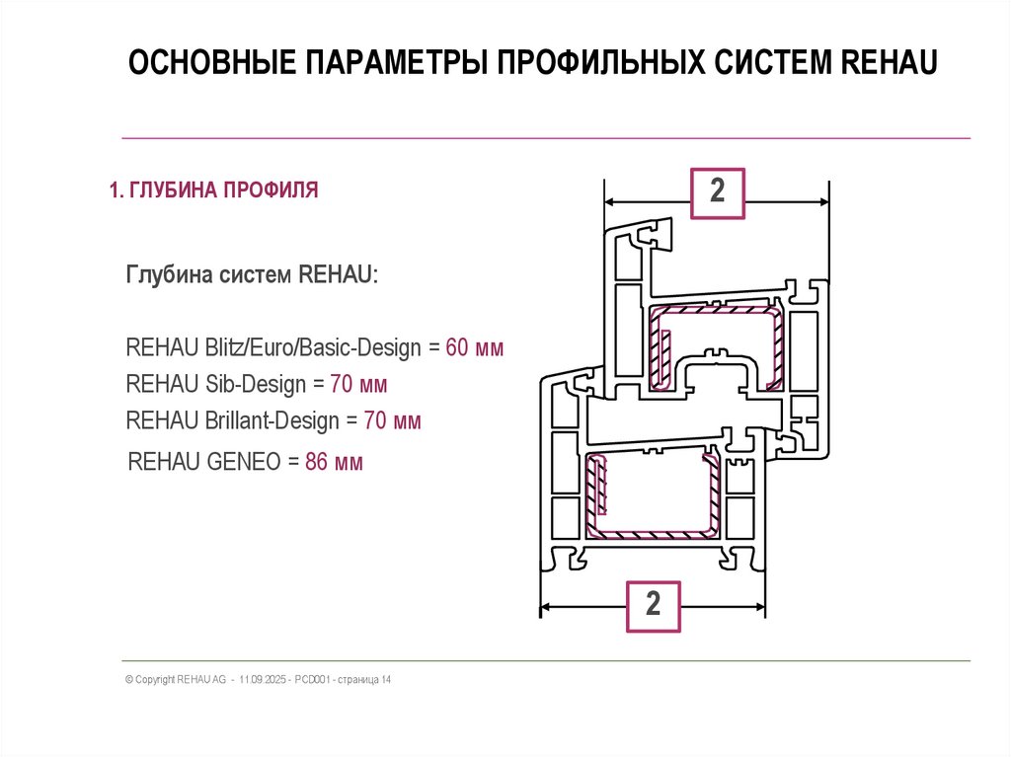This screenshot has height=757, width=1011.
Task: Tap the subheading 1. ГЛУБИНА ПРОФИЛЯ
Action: pos(213,189)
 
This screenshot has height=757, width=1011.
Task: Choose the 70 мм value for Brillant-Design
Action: pos(392,421)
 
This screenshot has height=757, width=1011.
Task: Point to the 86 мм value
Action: pos(334,461)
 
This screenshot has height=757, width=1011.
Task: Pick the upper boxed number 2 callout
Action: pos(717,191)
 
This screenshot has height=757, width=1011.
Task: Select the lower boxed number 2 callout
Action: pos(653,604)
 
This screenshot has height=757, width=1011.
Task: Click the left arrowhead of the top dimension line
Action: pos(609,202)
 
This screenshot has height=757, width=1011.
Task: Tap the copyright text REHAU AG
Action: pos(201,680)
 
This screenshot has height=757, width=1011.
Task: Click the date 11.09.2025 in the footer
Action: pos(264,680)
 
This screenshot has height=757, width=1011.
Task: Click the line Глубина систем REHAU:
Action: pos(251,273)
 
